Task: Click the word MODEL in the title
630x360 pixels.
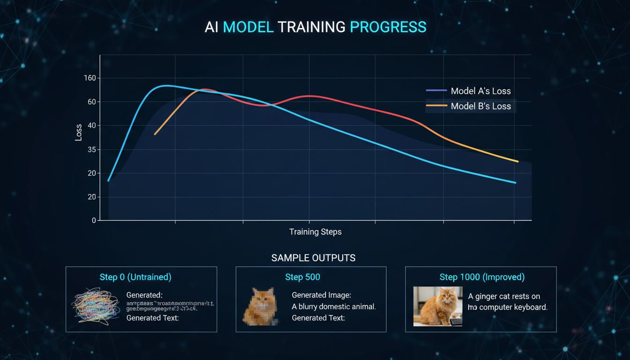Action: [248, 27]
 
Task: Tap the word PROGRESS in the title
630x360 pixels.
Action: [388, 27]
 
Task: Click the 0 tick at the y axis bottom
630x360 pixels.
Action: [94, 220]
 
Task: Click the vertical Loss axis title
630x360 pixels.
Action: [78, 133]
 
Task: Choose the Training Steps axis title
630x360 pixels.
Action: [315, 232]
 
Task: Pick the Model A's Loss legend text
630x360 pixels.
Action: [480, 91]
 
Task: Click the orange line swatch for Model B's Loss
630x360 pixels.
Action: [436, 106]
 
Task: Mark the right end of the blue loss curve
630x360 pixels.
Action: [515, 183]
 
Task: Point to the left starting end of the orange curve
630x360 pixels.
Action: [155, 135]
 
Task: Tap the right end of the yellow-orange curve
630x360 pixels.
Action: [517, 161]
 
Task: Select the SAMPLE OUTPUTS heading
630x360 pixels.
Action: [313, 258]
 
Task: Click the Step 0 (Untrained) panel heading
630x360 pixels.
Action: [136, 277]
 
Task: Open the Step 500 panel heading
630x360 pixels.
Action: [302, 277]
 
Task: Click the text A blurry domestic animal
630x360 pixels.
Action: [334, 307]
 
